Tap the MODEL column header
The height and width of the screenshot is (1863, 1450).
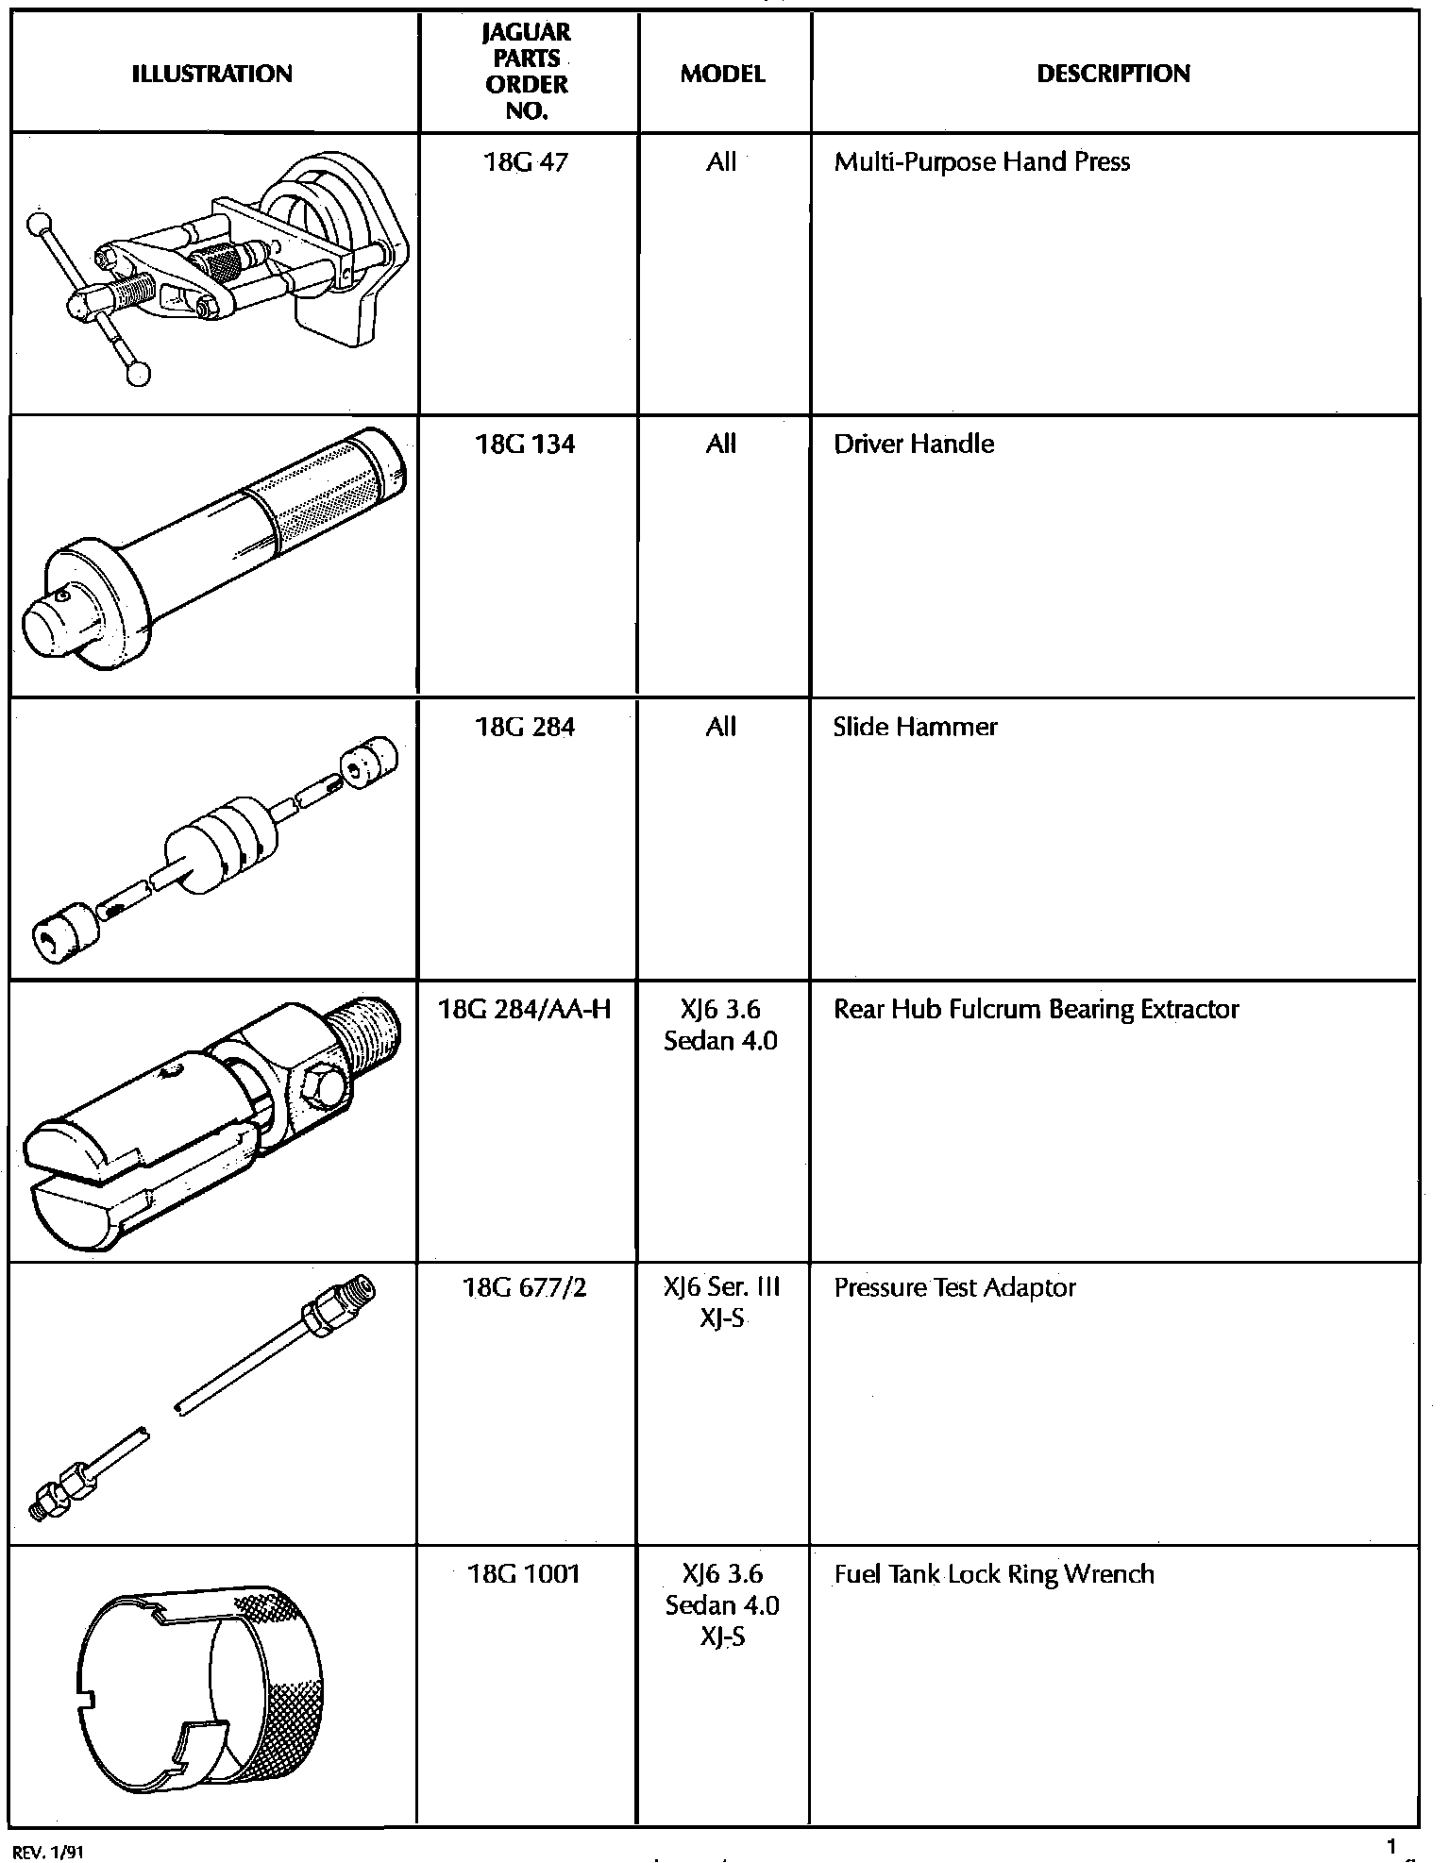[x=722, y=74]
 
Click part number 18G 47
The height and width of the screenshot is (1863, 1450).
[x=526, y=162]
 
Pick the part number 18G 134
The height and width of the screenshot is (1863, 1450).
[x=526, y=445]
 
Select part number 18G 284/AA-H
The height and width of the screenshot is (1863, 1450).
[x=526, y=1010]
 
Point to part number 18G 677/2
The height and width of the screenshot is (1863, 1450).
[x=526, y=1288]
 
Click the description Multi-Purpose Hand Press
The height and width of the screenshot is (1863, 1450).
[x=982, y=162]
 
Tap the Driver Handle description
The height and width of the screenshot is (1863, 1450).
[x=914, y=445]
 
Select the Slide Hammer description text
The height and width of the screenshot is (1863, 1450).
[x=915, y=727]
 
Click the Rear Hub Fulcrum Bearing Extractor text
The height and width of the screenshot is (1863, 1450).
[x=1036, y=1010]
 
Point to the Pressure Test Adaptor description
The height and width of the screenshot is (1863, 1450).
[x=954, y=1288]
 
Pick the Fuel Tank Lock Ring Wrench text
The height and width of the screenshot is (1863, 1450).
[x=994, y=1574]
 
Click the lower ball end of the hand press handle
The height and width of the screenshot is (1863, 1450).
[x=140, y=375]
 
